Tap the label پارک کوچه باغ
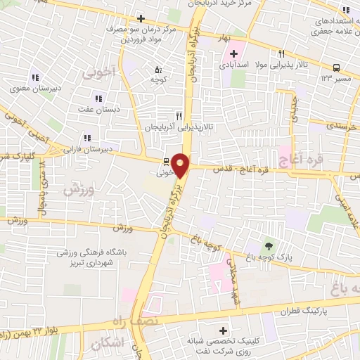tap(269, 259)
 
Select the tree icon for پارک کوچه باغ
tap(269, 246)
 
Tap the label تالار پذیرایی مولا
tap(281, 64)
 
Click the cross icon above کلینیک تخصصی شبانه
tap(224, 330)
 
